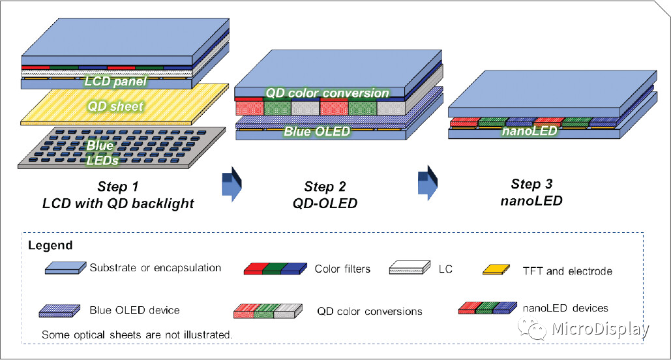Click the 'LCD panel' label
(x=115, y=82)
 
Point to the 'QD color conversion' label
(x=327, y=93)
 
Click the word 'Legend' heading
(x=50, y=246)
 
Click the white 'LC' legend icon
(x=410, y=268)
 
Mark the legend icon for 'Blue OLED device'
(x=60, y=310)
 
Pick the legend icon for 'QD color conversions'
(x=267, y=310)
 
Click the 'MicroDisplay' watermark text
(x=600, y=330)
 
